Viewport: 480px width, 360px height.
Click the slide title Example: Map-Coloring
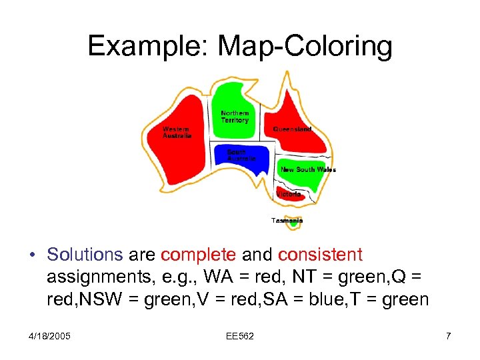pos(240,46)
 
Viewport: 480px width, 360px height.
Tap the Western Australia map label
pos(177,132)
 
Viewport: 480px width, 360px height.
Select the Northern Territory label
pos(235,117)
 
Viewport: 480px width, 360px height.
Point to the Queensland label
pos(292,129)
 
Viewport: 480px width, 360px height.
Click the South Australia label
pos(241,155)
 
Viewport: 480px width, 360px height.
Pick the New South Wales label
pos(308,169)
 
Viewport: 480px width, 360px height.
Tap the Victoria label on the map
pos(289,194)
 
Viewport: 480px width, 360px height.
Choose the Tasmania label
pos(287,220)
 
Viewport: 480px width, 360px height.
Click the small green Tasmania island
pos(293,225)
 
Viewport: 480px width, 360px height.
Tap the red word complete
pos(198,255)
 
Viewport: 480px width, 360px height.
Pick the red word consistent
pos(320,255)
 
